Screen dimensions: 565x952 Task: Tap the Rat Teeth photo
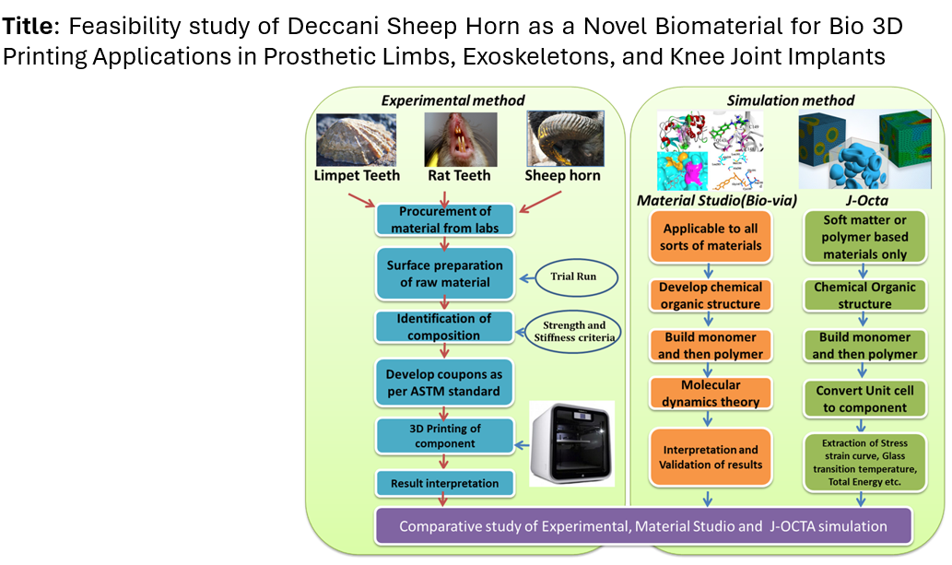coord(461,138)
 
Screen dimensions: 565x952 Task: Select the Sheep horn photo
coord(563,138)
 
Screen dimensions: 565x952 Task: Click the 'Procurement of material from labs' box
coord(444,218)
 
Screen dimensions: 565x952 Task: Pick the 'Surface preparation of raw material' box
coord(444,273)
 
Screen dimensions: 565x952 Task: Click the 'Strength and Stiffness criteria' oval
coord(571,330)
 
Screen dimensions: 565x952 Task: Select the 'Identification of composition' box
coord(444,326)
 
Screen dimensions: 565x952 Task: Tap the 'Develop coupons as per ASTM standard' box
coord(444,383)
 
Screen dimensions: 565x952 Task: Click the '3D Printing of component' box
coord(444,435)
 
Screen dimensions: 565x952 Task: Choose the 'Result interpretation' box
coord(444,483)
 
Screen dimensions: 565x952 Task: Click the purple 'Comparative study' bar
coord(643,526)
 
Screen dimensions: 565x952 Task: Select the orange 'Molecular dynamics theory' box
coord(711,394)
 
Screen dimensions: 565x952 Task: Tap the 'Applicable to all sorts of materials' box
coord(711,237)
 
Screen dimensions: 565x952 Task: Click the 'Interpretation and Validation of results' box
coord(711,456)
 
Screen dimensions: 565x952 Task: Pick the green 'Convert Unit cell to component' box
coord(864,398)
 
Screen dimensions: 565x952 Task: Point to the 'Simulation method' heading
coord(791,100)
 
